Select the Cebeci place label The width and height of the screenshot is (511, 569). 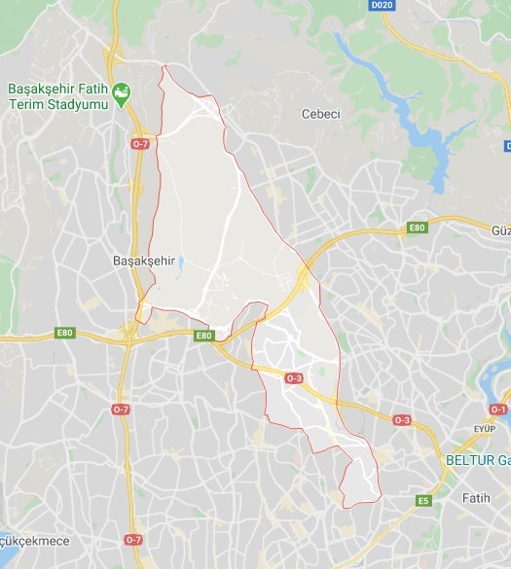click(320, 114)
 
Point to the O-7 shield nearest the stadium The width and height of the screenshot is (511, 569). click(140, 145)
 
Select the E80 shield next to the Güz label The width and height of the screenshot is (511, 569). click(418, 229)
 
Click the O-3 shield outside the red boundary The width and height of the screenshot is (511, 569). click(402, 419)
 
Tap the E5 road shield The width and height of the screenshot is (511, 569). click(422, 501)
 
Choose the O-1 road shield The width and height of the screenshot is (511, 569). click(498, 409)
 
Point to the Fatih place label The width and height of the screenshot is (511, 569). click(477, 498)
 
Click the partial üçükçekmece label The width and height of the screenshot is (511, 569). click(20, 540)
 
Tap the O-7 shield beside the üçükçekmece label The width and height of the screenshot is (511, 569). click(132, 540)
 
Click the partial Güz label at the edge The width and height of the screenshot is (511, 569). click(500, 230)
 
